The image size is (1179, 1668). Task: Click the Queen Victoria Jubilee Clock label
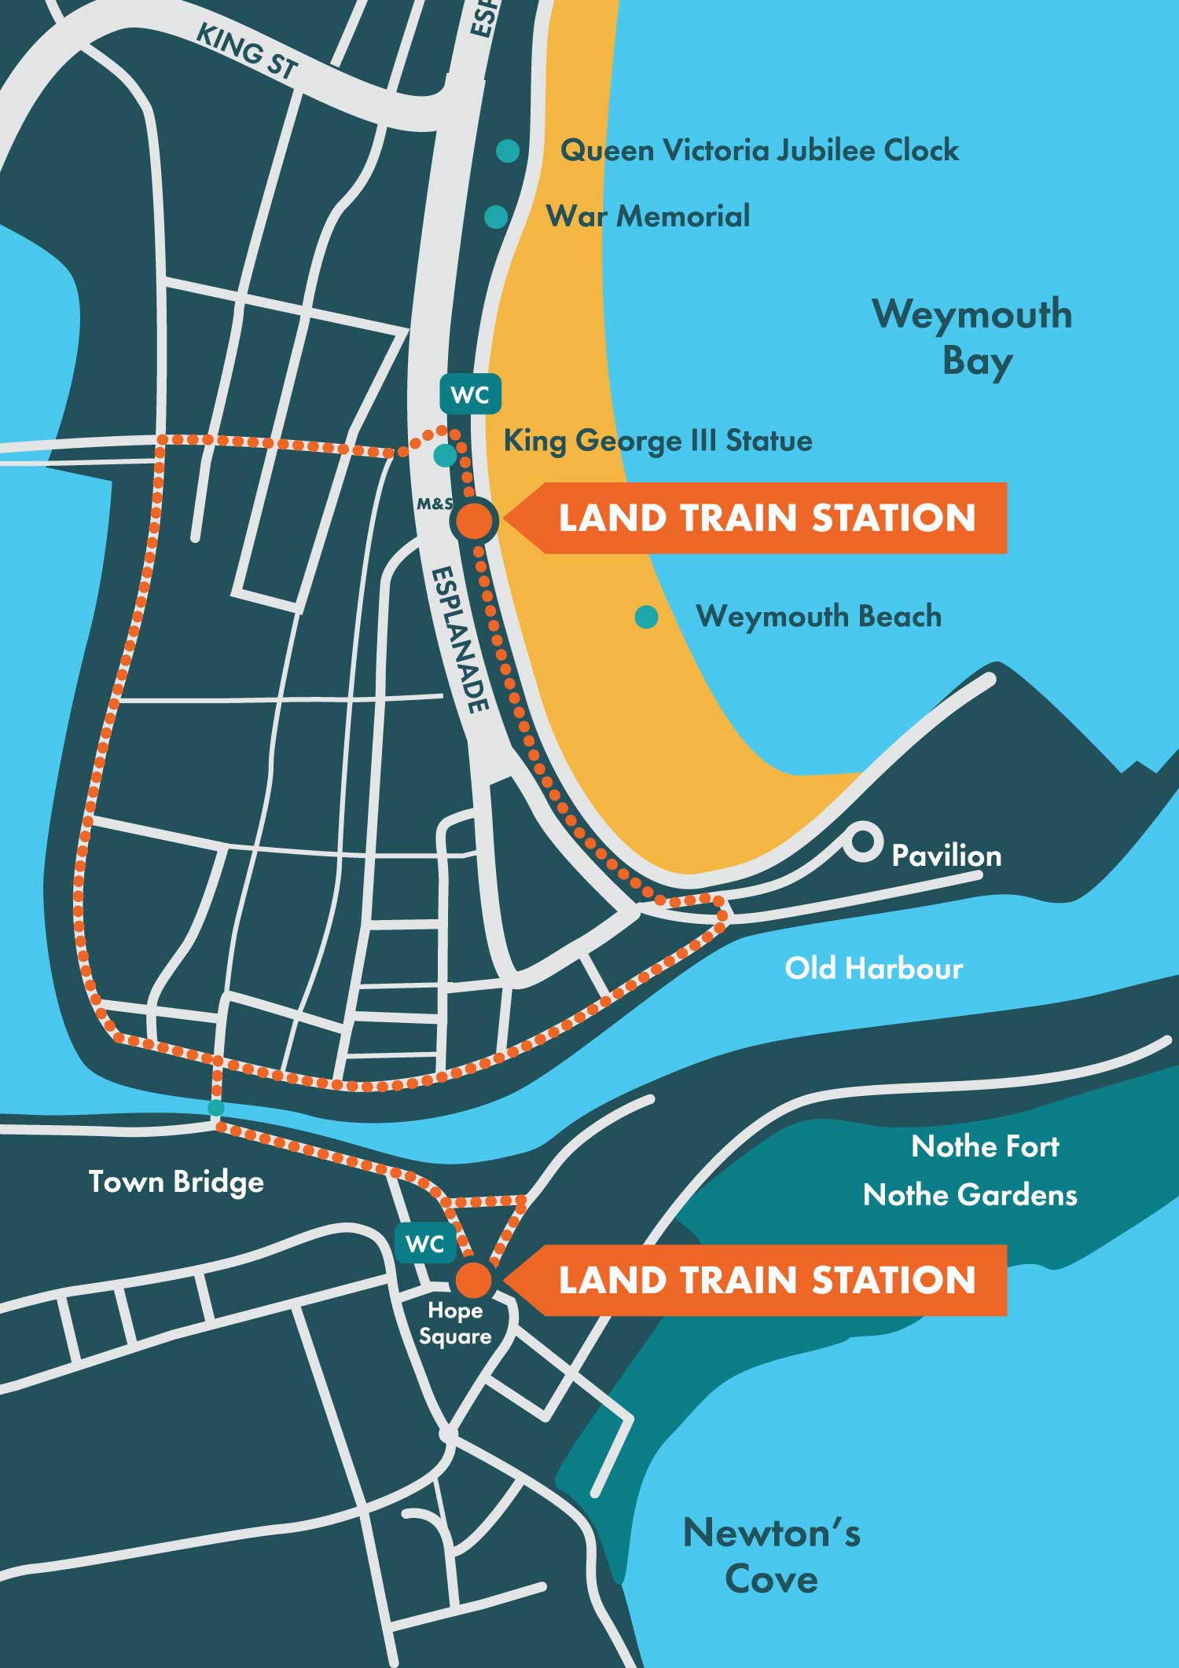pyautogui.click(x=759, y=150)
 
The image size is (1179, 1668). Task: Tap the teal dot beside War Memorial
pyautogui.click(x=496, y=217)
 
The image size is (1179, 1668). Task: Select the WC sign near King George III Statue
pyautogui.click(x=470, y=394)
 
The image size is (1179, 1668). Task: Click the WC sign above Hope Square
pyautogui.click(x=425, y=1243)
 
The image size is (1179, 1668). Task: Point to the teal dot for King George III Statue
pyautogui.click(x=445, y=455)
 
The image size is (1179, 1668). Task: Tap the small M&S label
pyautogui.click(x=435, y=504)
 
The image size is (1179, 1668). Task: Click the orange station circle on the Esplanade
pyautogui.click(x=475, y=520)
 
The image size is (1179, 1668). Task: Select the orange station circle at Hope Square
pyautogui.click(x=474, y=1280)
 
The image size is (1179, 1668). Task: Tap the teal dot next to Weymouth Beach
pyautogui.click(x=646, y=618)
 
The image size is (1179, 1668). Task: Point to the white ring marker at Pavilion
pyautogui.click(x=862, y=842)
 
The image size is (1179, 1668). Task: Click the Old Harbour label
pyautogui.click(x=873, y=968)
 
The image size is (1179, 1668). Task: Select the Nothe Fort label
pyautogui.click(x=985, y=1146)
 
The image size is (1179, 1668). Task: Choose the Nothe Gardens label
pyautogui.click(x=970, y=1195)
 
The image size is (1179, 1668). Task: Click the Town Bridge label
pyautogui.click(x=176, y=1182)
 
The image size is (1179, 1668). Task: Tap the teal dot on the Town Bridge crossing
pyautogui.click(x=216, y=1108)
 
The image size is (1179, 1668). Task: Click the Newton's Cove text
pyautogui.click(x=772, y=1555)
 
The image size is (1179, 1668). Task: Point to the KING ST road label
pyautogui.click(x=246, y=53)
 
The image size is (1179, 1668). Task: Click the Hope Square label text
pyautogui.click(x=455, y=1323)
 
